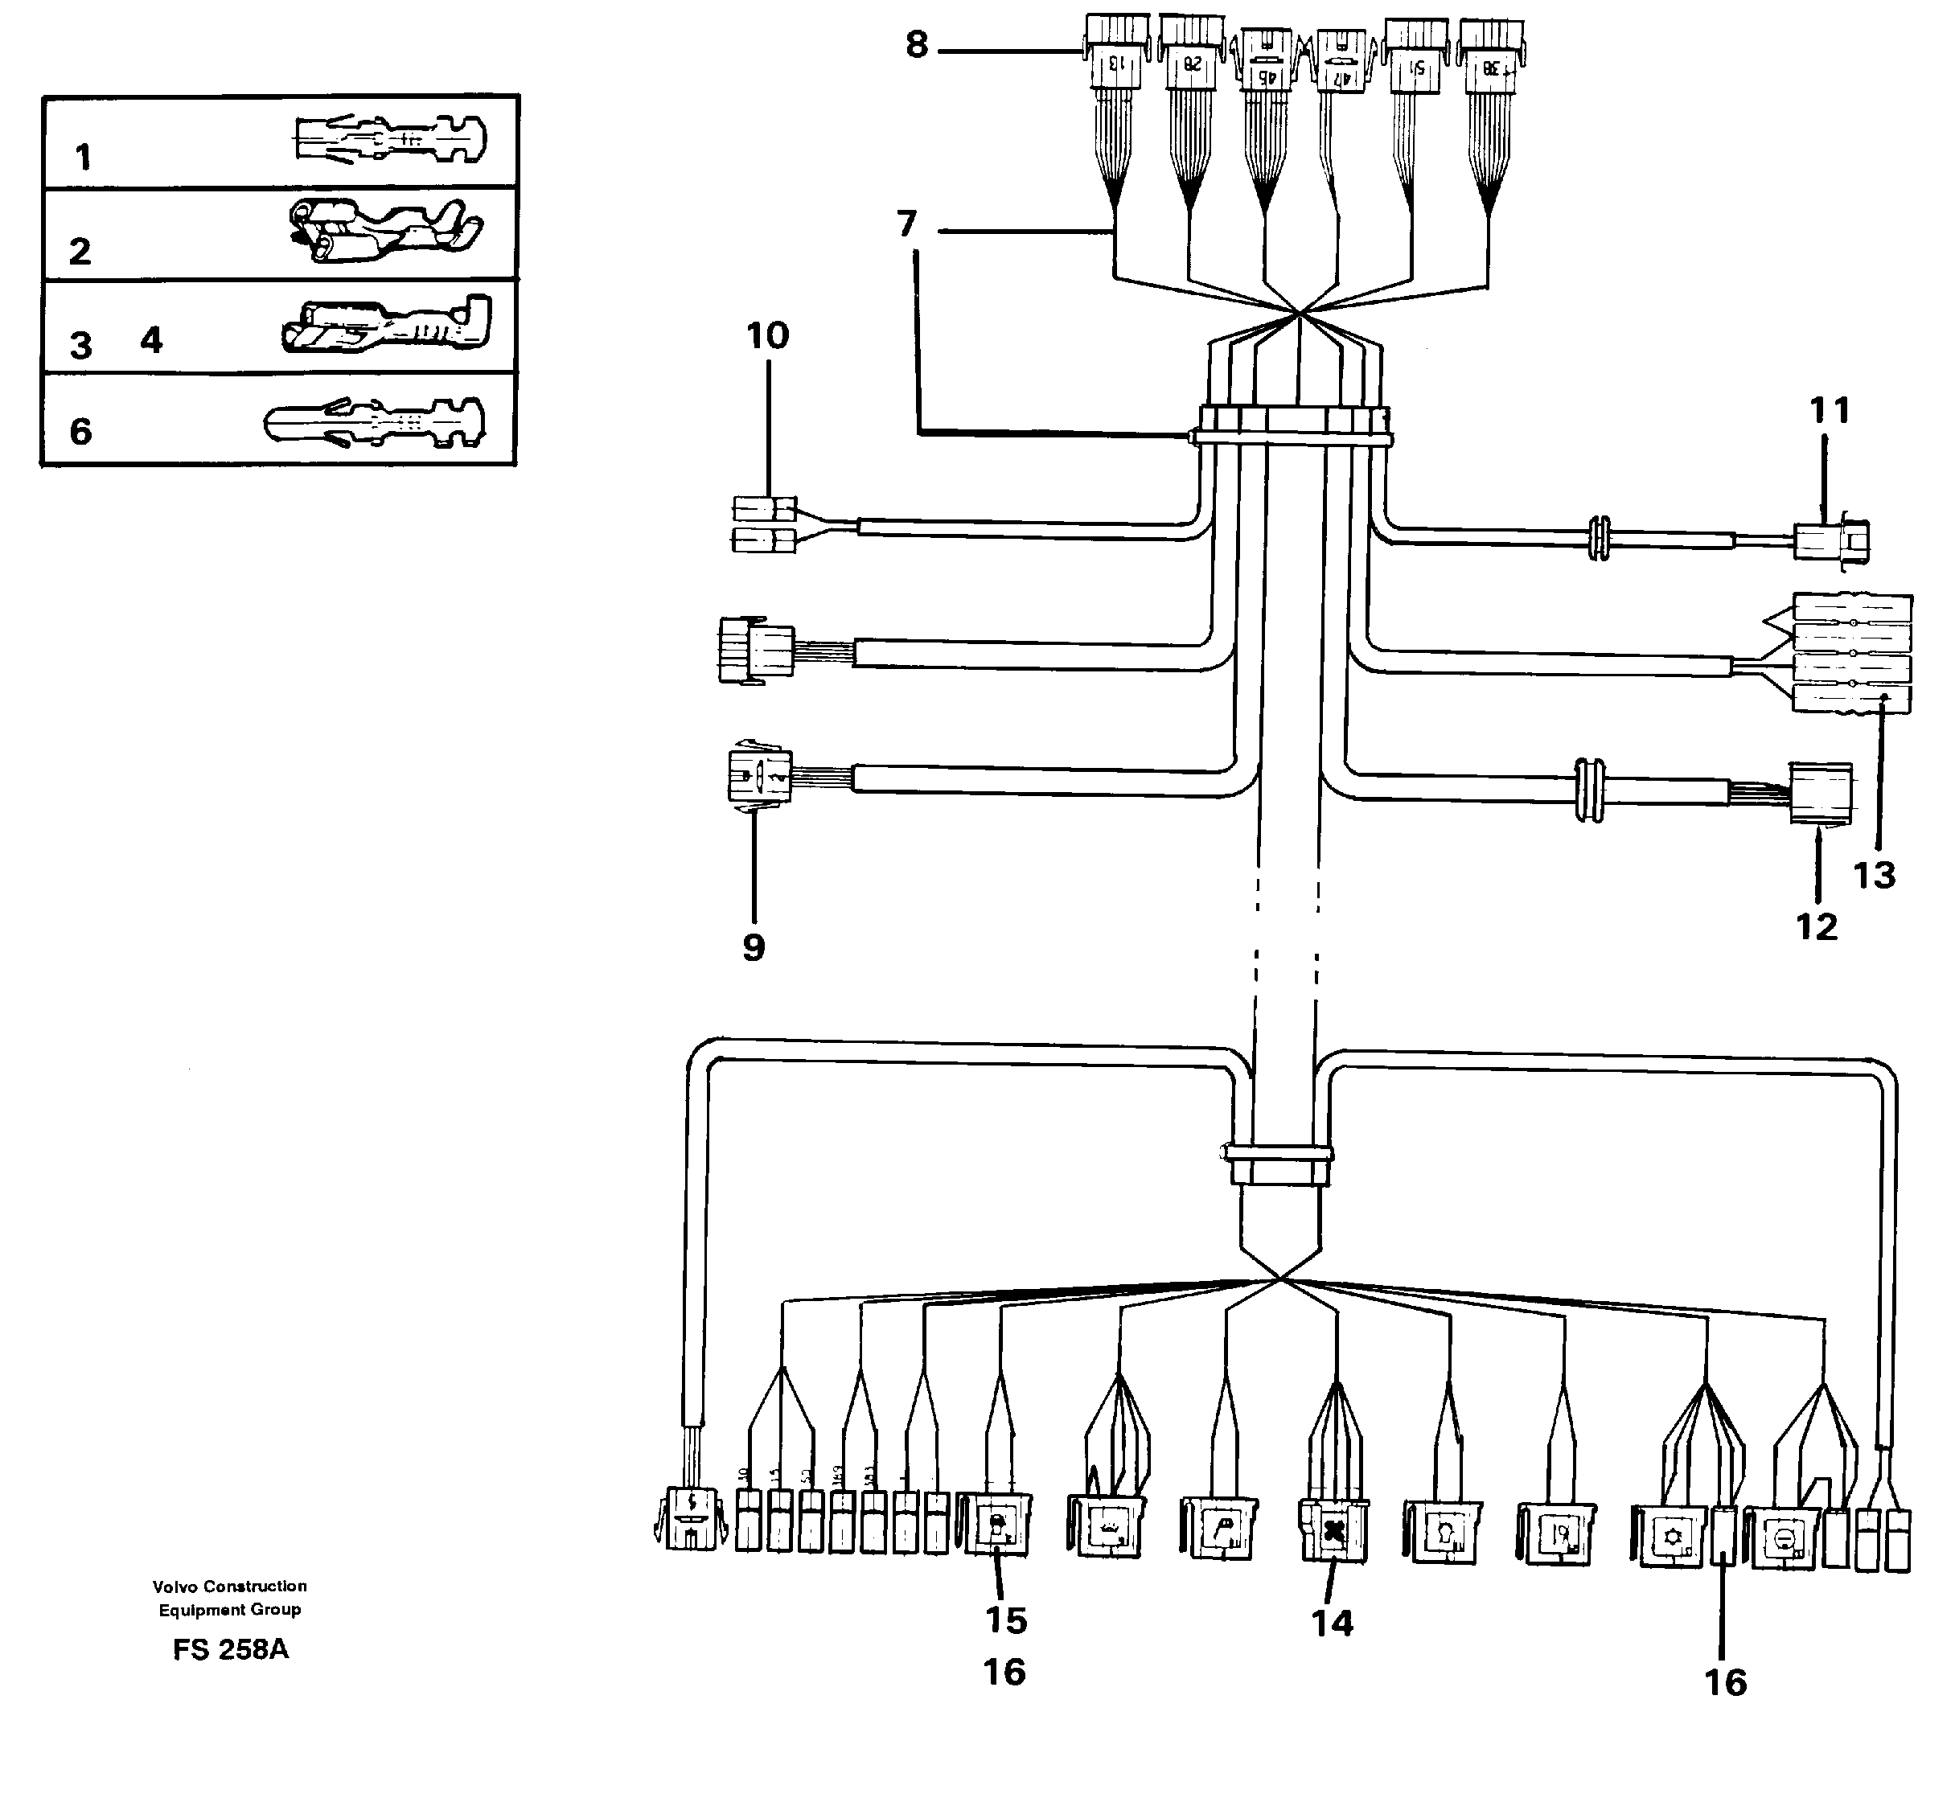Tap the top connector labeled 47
pyautogui.click(x=1341, y=63)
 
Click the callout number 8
pyautogui.click(x=916, y=46)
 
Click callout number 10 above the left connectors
pyautogui.click(x=767, y=336)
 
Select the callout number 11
pyautogui.click(x=1830, y=411)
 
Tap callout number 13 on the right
pyautogui.click(x=1874, y=876)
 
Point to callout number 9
pyautogui.click(x=754, y=947)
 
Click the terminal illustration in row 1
pyautogui.click(x=388, y=141)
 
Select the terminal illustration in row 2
pyautogui.click(x=385, y=231)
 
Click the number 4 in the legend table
pyautogui.click(x=151, y=340)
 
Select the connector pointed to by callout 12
pyautogui.click(x=1820, y=793)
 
